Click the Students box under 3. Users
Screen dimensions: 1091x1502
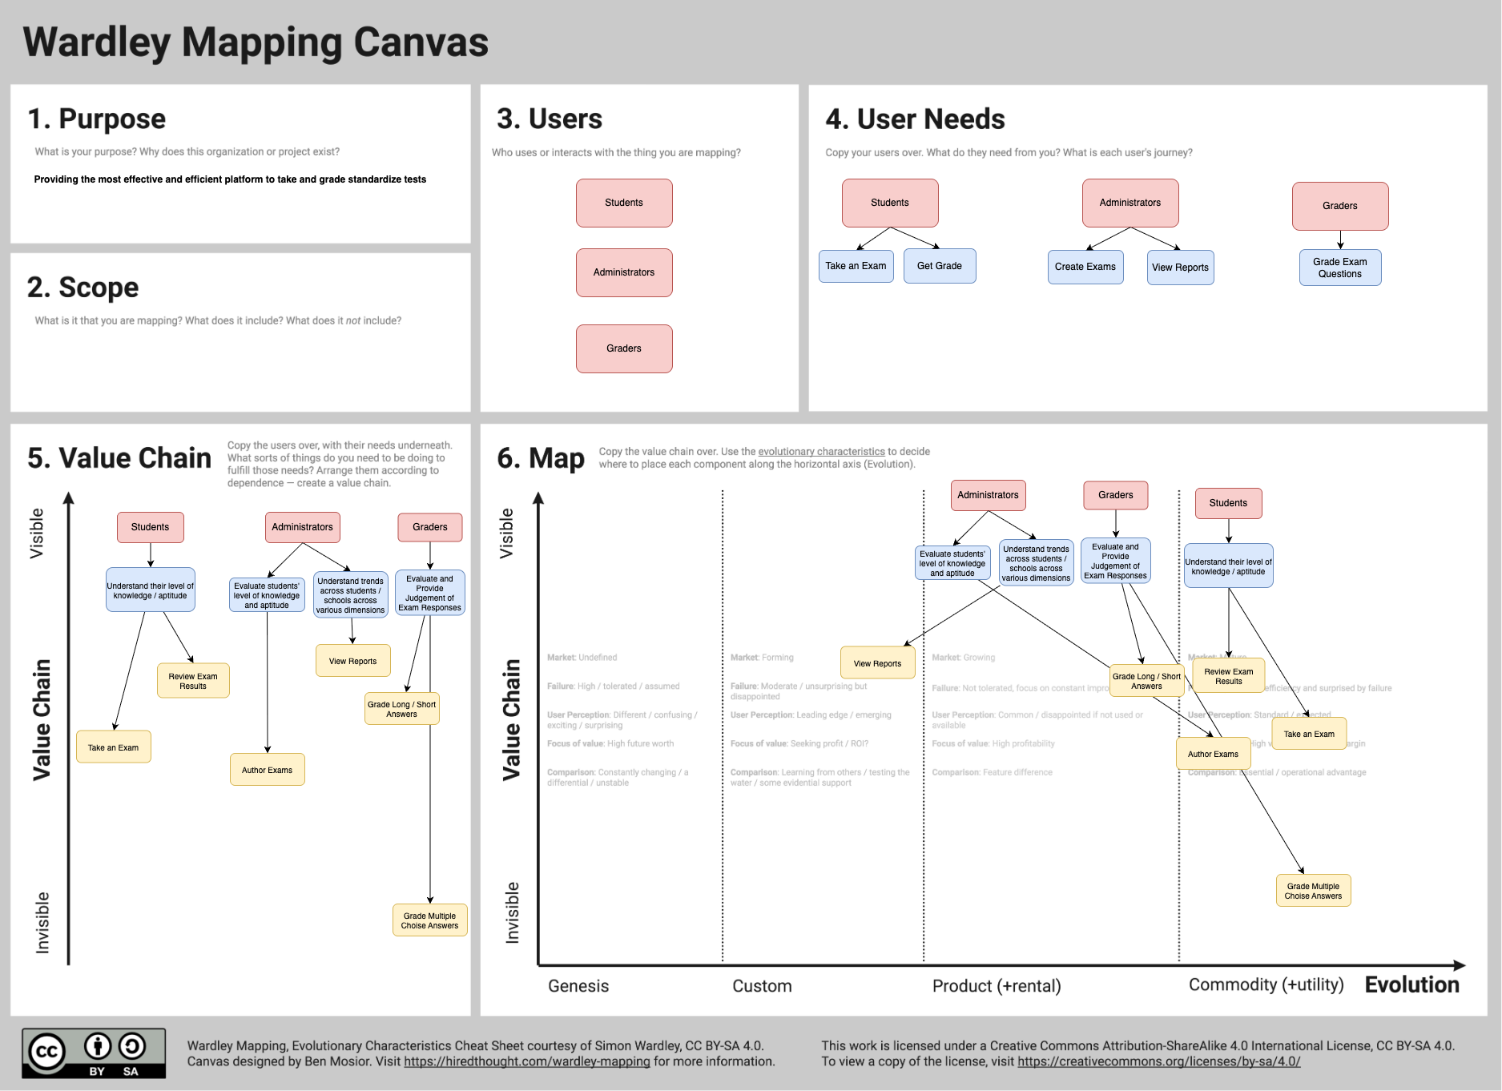[x=623, y=203]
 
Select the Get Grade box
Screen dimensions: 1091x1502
[x=939, y=266]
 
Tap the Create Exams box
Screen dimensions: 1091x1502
[x=1085, y=267]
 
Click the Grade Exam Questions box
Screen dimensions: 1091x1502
[x=1339, y=268]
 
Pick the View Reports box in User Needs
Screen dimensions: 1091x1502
[x=1179, y=268]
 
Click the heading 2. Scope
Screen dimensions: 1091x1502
[x=83, y=288]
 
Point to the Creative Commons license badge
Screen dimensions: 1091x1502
[x=94, y=1053]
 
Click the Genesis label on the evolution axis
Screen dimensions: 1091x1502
[x=578, y=986]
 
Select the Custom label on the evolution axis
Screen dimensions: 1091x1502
[x=761, y=986]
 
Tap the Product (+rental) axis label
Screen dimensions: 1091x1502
[x=996, y=986]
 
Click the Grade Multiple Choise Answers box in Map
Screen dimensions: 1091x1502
[x=1312, y=891]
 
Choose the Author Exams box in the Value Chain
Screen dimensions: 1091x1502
[x=267, y=770]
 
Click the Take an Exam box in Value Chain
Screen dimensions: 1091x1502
[x=113, y=747]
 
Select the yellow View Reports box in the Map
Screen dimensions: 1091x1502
[x=877, y=663]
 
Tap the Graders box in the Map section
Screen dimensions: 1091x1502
[x=1115, y=495]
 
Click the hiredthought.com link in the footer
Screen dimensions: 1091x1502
[x=526, y=1061]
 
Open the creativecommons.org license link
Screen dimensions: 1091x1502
[x=1158, y=1061]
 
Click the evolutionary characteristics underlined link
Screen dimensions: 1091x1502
[x=821, y=452]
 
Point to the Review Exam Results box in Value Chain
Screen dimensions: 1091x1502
[x=192, y=681]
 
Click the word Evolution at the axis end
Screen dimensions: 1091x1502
[x=1411, y=984]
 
